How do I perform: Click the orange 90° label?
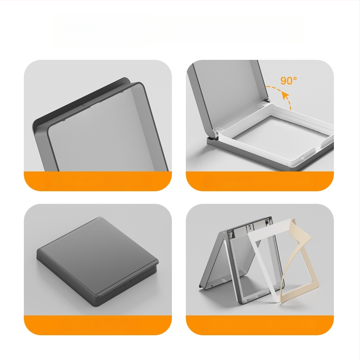[288, 81]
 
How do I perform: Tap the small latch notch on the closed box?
[128, 283]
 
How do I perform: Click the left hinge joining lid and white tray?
[216, 133]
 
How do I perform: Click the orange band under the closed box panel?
[98, 325]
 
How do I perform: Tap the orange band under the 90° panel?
[260, 181]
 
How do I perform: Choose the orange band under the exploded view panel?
[260, 325]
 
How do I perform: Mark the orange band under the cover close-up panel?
[98, 181]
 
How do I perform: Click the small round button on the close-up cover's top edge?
[85, 105]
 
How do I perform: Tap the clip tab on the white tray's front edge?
[302, 158]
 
